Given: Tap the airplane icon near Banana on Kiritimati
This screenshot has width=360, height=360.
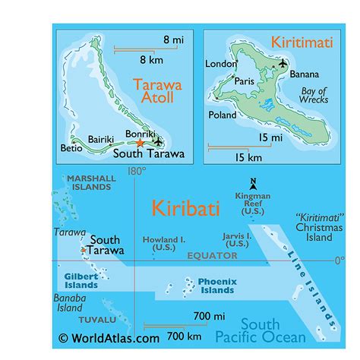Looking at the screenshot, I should (x=283, y=63).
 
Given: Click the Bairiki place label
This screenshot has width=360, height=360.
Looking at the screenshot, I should (x=100, y=139).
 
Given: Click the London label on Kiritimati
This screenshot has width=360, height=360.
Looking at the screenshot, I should (x=222, y=65).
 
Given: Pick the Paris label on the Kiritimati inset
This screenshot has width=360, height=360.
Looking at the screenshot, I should (x=244, y=81).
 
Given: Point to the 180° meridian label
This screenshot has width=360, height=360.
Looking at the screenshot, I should (x=136, y=172).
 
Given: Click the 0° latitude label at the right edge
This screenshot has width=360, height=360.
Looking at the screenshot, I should (x=340, y=261).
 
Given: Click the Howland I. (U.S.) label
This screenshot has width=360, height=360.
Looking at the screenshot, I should (x=164, y=244).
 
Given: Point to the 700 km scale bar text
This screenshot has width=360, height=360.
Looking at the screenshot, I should (x=185, y=336).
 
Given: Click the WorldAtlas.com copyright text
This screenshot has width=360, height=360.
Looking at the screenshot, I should (x=109, y=339).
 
